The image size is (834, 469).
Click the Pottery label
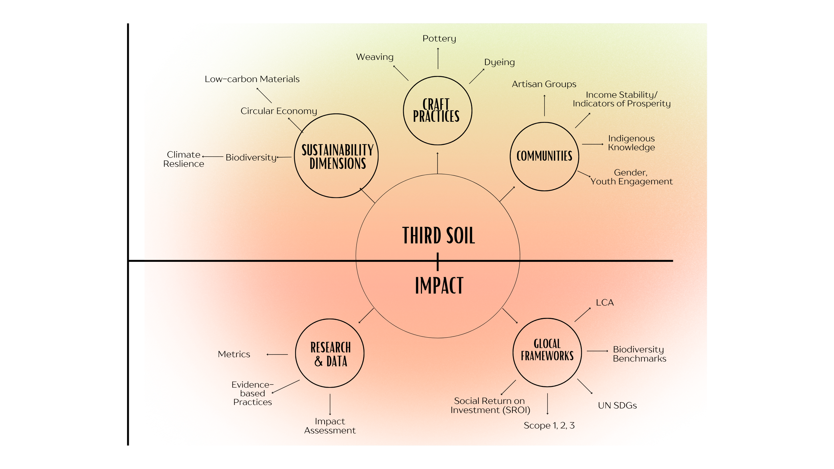[439, 39]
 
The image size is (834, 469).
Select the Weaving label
[375, 57]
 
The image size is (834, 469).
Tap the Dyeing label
[499, 62]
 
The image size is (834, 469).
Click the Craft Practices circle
[437, 111]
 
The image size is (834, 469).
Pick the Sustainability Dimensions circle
[336, 156]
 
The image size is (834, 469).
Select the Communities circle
[544, 156]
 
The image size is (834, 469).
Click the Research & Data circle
[330, 353]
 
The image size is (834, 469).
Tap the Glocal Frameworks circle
[547, 353]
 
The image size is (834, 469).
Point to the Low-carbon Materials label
[252, 79]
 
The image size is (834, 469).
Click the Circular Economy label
[279, 111]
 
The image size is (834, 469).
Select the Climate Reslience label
[183, 159]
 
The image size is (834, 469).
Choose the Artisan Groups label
[544, 84]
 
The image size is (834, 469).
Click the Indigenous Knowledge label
[631, 143]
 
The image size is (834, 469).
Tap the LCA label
[605, 303]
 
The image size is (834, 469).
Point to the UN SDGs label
[617, 406]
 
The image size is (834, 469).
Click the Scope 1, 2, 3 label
[549, 426]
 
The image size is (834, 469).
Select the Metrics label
[234, 354]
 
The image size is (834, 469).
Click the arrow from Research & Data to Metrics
[277, 354]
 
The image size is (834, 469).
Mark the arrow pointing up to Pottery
[438, 58]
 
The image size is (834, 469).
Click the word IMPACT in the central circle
[439, 286]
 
